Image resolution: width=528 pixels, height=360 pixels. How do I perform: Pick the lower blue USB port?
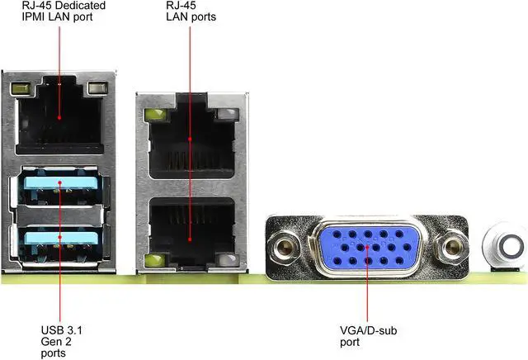59,239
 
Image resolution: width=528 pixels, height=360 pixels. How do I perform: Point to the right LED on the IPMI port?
98,87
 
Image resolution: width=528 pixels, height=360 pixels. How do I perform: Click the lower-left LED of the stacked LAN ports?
153,263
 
